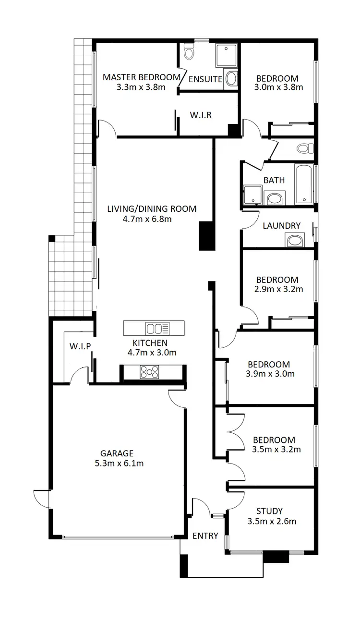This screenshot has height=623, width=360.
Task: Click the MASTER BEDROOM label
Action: coord(142,77)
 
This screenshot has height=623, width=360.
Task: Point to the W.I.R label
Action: coord(201,115)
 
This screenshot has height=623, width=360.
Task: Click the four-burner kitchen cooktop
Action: coord(150,372)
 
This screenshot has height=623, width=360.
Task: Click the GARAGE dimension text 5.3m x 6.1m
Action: coord(117,464)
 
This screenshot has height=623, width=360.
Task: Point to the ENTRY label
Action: coord(205,536)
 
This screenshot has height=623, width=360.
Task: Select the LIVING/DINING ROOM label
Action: coord(152,209)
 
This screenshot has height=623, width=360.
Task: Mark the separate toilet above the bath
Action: coord(303,148)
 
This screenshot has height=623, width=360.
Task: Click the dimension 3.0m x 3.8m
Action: coord(279,87)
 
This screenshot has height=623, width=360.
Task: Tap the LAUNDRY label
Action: coord(282,226)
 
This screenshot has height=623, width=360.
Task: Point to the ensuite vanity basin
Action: coord(231,79)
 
